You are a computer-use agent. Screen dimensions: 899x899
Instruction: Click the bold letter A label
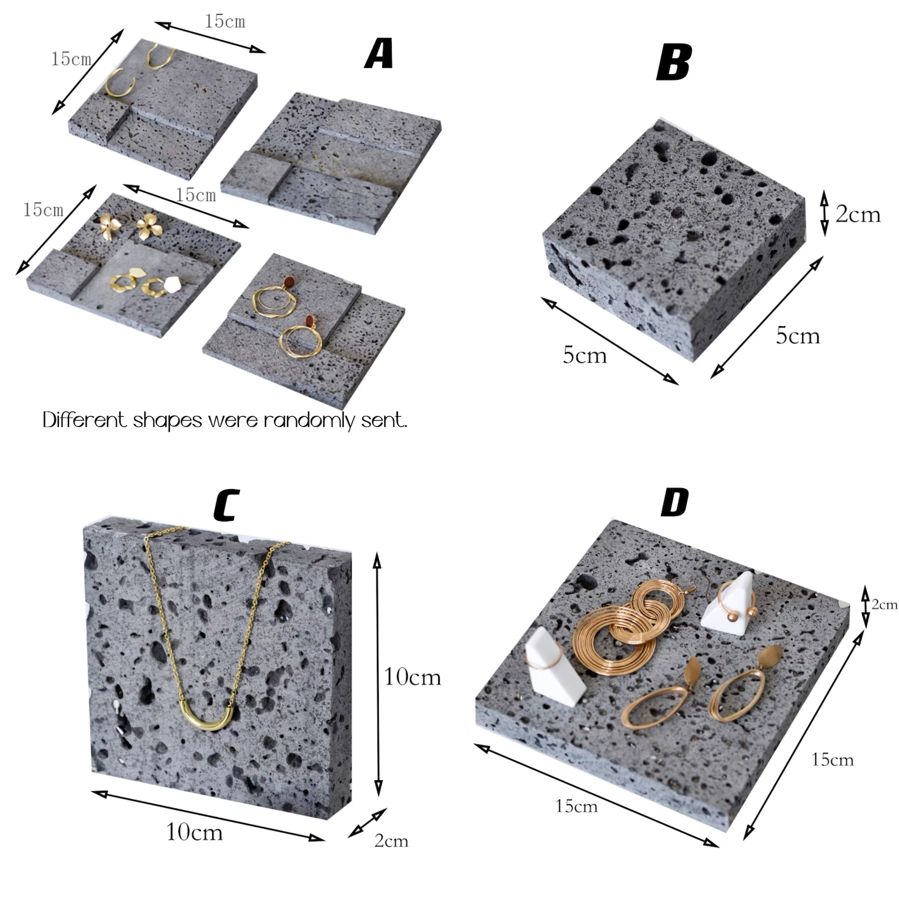pos(379,54)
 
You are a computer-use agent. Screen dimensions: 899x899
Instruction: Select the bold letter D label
pos(675,502)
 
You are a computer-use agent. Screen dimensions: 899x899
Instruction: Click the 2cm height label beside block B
pos(858,214)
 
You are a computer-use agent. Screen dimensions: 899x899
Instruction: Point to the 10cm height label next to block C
pos(412,677)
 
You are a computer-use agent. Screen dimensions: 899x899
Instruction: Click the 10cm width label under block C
pos(194,832)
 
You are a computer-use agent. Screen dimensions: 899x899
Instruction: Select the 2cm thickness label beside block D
pos(884,605)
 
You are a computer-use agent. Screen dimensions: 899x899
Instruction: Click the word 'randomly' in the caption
pos(310,421)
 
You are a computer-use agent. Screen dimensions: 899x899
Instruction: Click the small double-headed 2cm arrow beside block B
pos(825,213)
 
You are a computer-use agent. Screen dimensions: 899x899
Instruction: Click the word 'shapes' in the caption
pos(168,421)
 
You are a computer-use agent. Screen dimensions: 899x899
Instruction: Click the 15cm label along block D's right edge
pos(832,759)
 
